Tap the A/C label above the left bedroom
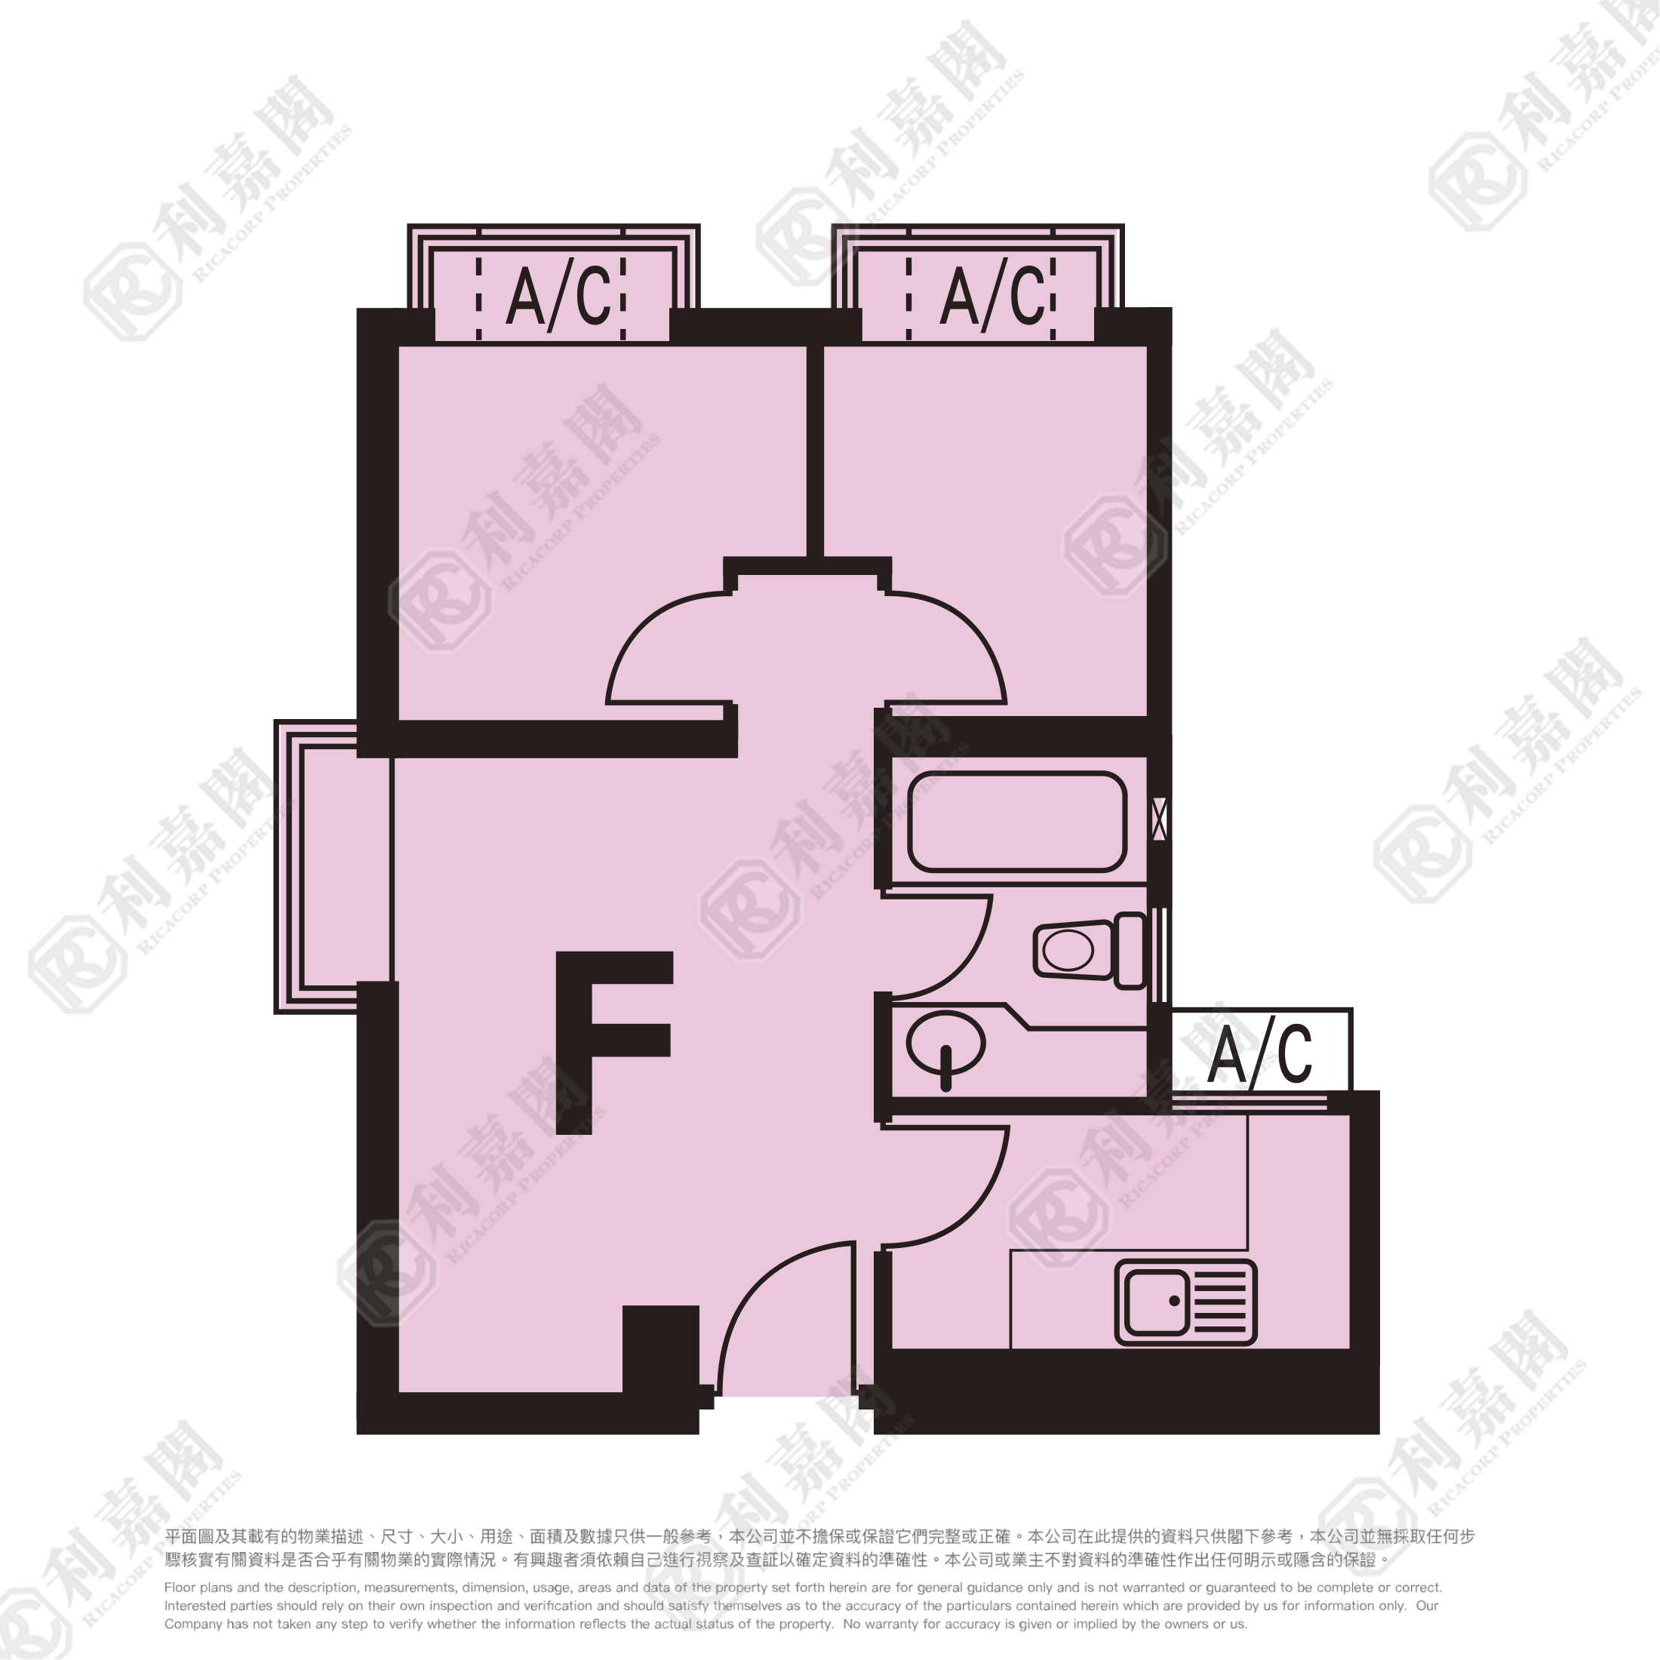point(558,295)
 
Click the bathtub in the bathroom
point(1017,822)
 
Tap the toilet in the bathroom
point(1090,950)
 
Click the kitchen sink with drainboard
point(1185,1302)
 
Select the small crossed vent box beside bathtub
point(1159,819)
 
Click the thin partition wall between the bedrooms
point(816,451)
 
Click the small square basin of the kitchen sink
point(1157,1302)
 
